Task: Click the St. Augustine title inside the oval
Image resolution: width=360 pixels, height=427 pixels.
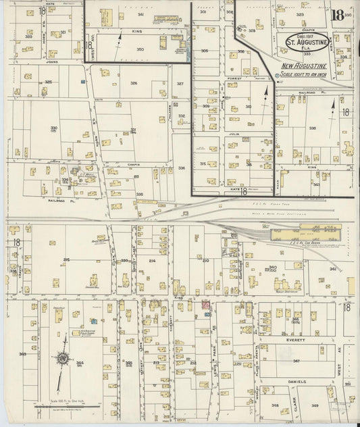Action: (x=305, y=47)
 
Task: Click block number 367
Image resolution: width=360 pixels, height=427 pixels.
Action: (x=296, y=361)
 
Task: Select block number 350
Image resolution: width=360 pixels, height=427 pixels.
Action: (x=140, y=49)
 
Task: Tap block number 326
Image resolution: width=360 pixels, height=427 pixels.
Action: (x=134, y=83)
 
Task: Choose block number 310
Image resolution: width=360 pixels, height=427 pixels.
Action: (x=248, y=107)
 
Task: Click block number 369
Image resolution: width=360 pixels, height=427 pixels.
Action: (x=22, y=353)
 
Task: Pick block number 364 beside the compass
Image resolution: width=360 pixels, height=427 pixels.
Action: (x=80, y=363)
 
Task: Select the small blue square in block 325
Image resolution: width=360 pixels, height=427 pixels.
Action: (x=82, y=82)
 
